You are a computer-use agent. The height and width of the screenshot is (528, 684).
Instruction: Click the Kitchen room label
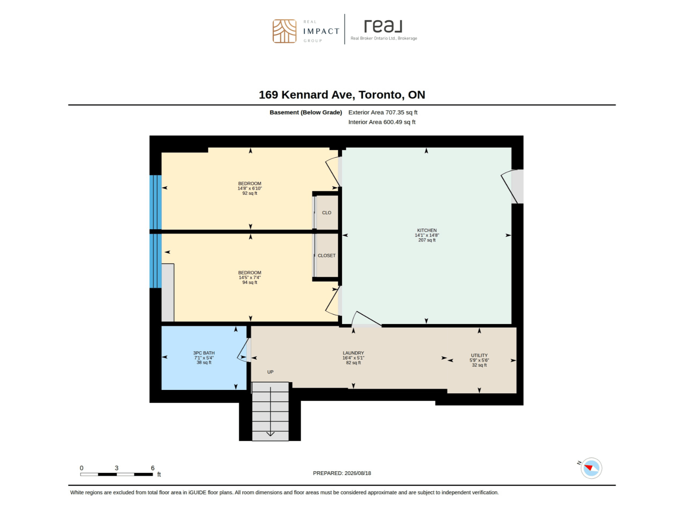tap(427, 230)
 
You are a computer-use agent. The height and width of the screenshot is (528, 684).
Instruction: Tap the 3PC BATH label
tap(204, 353)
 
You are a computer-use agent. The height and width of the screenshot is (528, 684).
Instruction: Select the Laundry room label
tap(353, 353)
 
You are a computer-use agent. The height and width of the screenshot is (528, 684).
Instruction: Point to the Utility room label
tap(479, 355)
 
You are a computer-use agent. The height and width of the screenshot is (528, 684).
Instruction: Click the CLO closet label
tap(326, 213)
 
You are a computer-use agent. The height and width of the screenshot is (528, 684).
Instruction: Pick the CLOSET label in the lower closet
tap(326, 256)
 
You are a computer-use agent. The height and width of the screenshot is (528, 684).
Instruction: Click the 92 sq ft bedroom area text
tap(250, 193)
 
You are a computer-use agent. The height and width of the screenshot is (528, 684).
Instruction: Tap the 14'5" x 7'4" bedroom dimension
tap(250, 277)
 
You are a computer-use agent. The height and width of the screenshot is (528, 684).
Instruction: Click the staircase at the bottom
tap(270, 411)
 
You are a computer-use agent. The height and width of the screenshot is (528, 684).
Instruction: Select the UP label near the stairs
tap(270, 372)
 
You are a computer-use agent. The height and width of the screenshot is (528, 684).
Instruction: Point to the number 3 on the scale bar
tap(116, 468)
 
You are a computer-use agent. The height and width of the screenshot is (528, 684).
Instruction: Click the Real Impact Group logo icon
tap(284, 31)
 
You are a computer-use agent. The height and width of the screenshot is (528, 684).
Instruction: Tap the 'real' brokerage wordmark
tap(383, 26)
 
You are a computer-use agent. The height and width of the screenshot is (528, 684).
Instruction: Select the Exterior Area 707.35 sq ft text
tap(383, 112)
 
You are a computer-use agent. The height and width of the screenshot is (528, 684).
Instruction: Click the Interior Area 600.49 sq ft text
tap(382, 122)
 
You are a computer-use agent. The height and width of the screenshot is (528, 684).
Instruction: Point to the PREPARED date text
tap(342, 473)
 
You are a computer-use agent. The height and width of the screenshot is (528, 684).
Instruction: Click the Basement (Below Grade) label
tap(306, 112)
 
